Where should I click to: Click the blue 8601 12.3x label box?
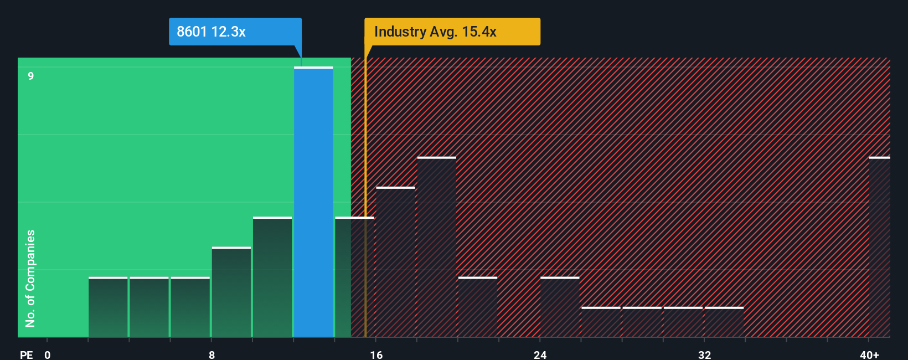point(235,32)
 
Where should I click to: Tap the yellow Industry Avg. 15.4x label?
point(452,32)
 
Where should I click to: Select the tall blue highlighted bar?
point(313,202)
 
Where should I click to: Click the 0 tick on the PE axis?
point(48,354)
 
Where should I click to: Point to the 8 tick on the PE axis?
point(211,354)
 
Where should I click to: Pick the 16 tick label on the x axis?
point(376,354)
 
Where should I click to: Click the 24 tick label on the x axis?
point(540,354)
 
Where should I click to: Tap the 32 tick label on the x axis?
point(704,354)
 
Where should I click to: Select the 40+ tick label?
point(869,354)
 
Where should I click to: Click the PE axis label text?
point(26,354)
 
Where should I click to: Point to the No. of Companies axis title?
point(30,278)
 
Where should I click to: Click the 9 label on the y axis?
point(31,76)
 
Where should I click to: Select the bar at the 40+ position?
point(879,247)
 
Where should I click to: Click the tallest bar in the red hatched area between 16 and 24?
point(437,247)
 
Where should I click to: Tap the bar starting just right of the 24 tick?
point(560,307)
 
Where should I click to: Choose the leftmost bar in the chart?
point(108,307)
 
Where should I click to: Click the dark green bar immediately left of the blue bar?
point(272,277)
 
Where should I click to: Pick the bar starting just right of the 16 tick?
point(395,262)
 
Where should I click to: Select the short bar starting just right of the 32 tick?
point(724,322)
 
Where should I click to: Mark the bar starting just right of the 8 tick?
point(231,292)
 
